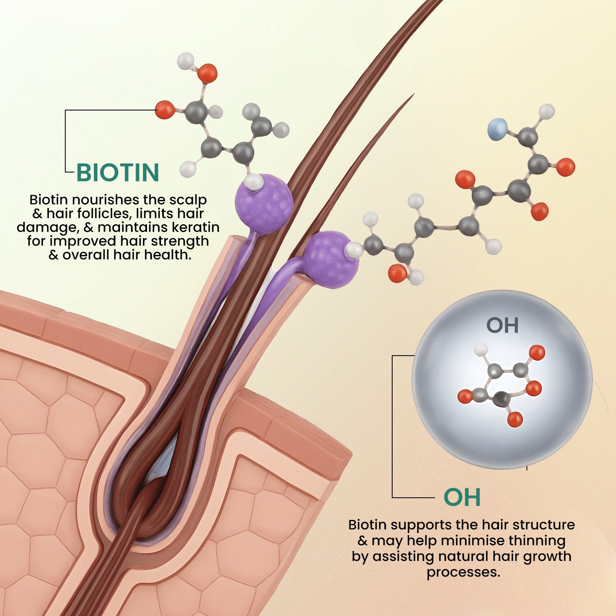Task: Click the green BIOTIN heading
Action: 118,172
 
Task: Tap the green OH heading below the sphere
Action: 462,497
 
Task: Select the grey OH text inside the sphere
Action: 502,325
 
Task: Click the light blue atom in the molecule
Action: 497,128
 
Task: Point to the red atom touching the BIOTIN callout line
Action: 165,110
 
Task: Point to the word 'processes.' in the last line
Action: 463,572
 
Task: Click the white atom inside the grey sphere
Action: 481,350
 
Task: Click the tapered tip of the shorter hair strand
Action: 412,96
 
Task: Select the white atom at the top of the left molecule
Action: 186,60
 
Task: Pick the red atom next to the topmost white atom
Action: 207,74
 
